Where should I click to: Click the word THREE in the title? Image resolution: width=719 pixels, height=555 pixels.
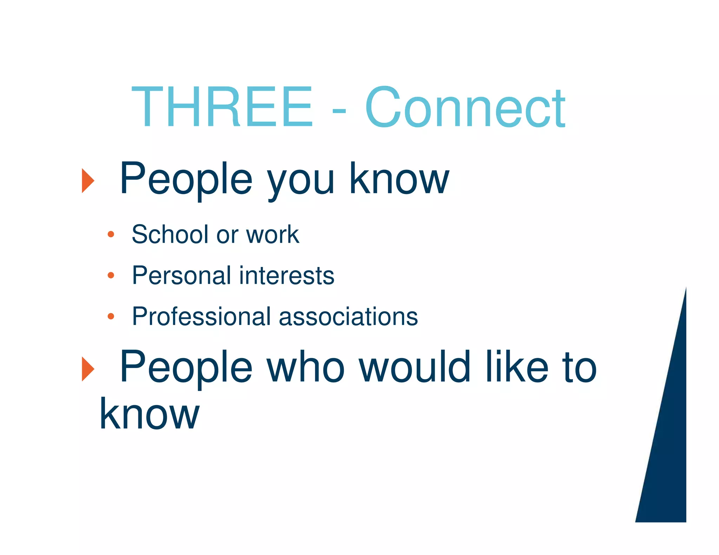point(222,107)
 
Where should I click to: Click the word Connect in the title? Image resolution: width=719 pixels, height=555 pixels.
point(465,107)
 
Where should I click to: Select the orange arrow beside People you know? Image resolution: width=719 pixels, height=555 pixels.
point(88,181)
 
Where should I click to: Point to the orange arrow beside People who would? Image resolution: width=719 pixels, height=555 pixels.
point(88,369)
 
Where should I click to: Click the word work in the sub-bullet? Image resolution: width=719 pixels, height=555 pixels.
point(272,234)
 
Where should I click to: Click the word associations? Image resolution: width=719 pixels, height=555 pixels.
point(348,316)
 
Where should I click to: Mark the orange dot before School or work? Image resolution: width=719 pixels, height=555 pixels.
point(111,234)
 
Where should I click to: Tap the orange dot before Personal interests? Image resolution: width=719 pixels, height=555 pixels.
point(111,275)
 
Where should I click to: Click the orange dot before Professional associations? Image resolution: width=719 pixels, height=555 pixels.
point(111,316)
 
